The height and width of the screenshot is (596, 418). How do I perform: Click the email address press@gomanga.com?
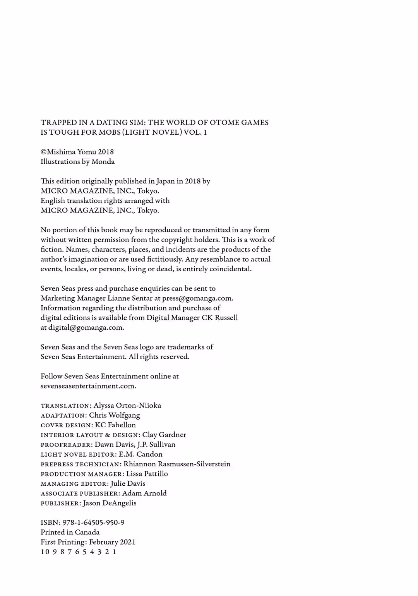197,298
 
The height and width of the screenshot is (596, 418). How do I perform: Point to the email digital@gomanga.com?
86,327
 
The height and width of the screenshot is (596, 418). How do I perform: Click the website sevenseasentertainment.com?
88,386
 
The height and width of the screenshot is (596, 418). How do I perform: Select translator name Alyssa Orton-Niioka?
127,406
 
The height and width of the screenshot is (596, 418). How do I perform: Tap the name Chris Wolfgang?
115,415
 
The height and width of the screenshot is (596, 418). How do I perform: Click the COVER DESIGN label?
65,425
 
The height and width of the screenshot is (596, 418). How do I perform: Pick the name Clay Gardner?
164,435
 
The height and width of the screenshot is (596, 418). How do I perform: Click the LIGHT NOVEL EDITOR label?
78,455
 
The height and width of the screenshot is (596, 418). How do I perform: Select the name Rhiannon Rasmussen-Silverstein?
177,464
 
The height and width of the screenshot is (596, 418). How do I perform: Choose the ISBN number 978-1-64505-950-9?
93,522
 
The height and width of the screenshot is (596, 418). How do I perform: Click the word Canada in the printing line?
87,533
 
